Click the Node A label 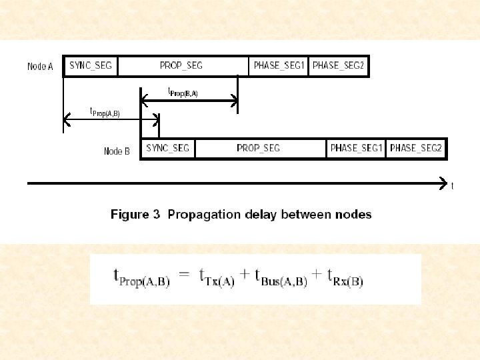pyautogui.click(x=40, y=67)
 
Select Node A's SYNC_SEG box pyautogui.click(x=91, y=66)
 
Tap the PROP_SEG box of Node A pyautogui.click(x=181, y=66)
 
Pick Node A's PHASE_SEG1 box pyautogui.click(x=279, y=66)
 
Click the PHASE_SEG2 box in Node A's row pyautogui.click(x=339, y=66)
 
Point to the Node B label pyautogui.click(x=117, y=151)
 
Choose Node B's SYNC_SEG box pyautogui.click(x=167, y=148)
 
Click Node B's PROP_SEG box pyautogui.click(x=259, y=148)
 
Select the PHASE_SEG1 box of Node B pyautogui.click(x=357, y=148)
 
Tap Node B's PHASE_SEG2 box pyautogui.click(x=417, y=148)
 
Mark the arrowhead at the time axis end pyautogui.click(x=444, y=182)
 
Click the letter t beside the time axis pyautogui.click(x=453, y=187)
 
